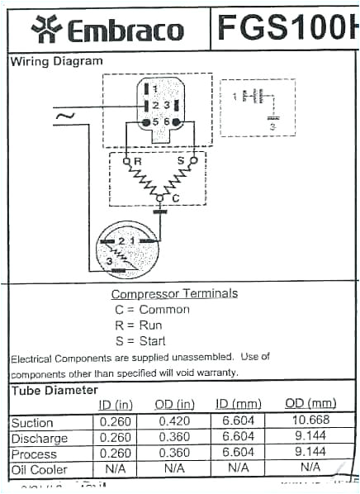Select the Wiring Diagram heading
[57, 61]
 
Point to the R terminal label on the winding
[138, 160]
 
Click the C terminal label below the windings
[175, 198]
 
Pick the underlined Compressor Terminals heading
[174, 293]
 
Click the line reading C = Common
[152, 309]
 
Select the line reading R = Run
[140, 325]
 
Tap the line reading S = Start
[140, 340]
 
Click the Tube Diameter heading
[54, 390]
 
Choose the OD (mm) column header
[310, 403]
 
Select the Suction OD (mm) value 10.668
[310, 422]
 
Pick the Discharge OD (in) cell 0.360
[174, 437]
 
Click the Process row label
[33, 453]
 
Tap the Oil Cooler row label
[37, 468]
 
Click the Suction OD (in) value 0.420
[174, 422]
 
